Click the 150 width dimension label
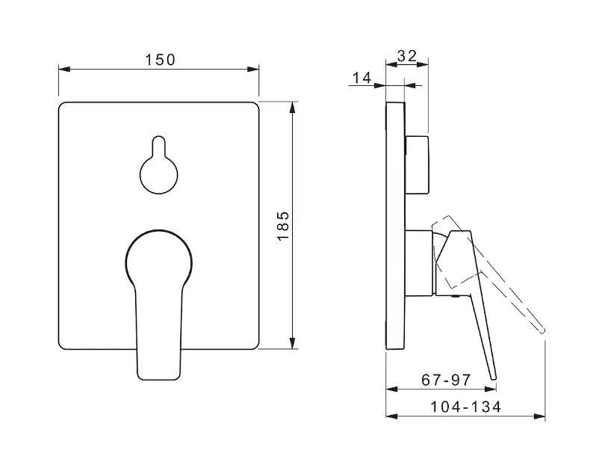[160, 60]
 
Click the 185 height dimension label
[284, 226]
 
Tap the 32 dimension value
[407, 56]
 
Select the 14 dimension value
[361, 78]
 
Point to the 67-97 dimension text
[446, 380]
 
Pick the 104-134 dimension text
[465, 407]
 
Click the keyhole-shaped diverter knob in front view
[159, 164]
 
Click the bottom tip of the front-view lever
[158, 379]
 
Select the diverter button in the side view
[417, 164]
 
